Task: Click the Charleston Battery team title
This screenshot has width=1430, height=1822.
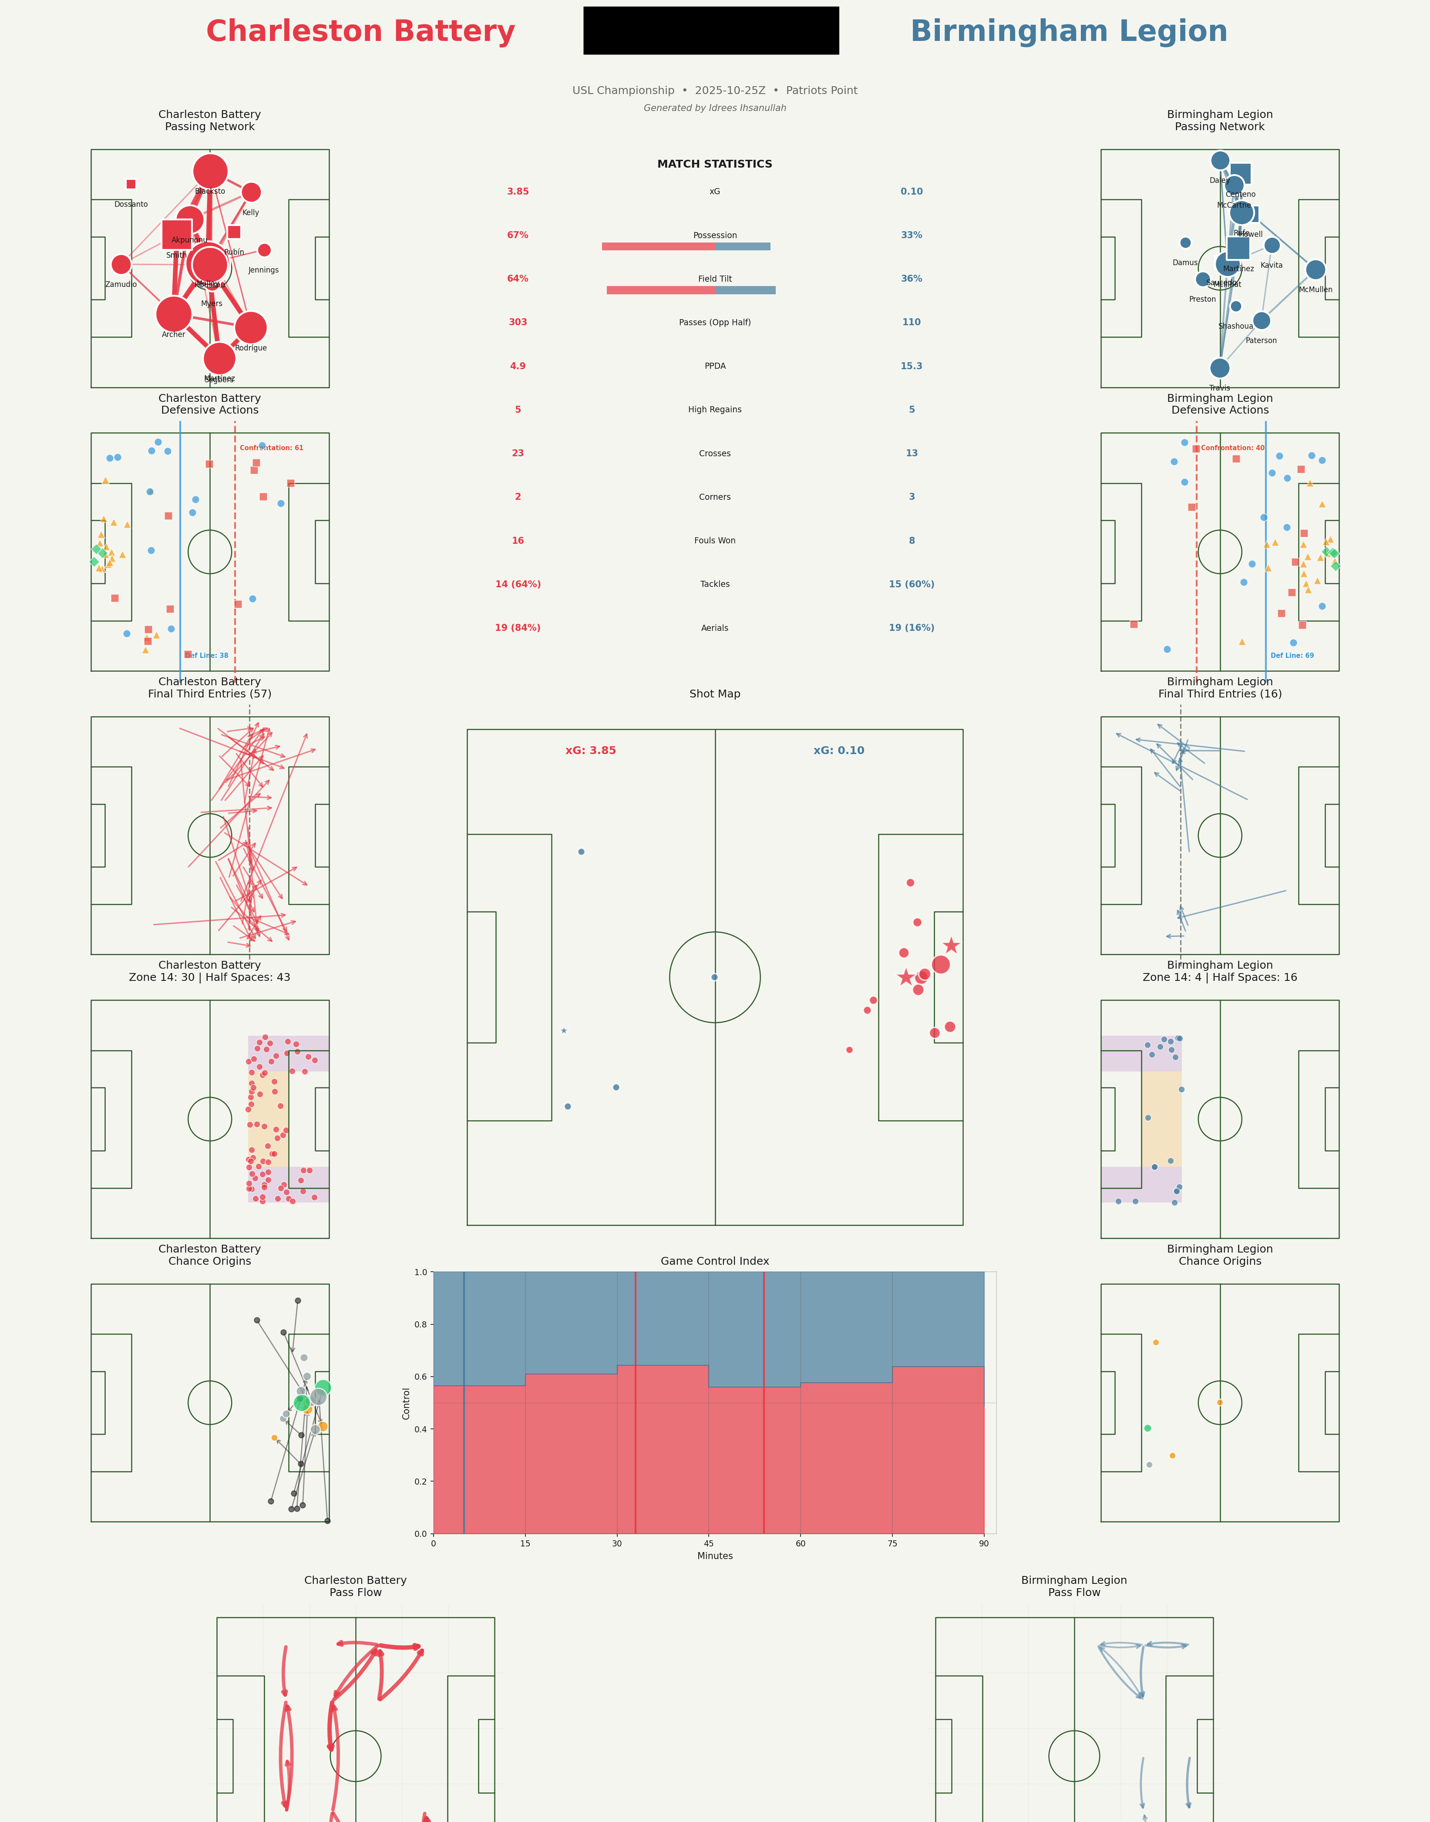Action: pos(360,32)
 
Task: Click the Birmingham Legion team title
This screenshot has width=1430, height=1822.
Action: pos(1068,32)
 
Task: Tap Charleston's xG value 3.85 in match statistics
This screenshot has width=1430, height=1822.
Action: pos(518,192)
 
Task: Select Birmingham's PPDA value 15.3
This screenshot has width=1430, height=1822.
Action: pos(911,366)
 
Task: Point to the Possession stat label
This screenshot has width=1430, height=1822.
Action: pos(715,235)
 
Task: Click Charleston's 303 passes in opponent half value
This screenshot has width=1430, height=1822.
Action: pos(518,322)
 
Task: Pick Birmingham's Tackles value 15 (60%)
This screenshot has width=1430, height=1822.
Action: pos(911,584)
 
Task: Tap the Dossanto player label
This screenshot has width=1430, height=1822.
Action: pos(131,204)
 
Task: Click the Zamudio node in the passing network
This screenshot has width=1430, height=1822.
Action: pos(121,265)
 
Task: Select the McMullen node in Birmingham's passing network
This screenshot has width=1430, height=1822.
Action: pos(1316,269)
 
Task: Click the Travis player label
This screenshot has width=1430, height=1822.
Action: pos(1219,387)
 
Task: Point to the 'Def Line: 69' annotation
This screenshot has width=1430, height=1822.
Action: pos(1292,656)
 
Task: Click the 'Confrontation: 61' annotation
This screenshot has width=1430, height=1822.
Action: pos(271,448)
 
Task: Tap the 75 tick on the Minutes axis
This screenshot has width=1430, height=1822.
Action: pos(892,1543)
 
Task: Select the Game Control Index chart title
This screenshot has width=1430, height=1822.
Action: pos(714,1261)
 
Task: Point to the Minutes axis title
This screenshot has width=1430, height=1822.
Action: pos(715,1556)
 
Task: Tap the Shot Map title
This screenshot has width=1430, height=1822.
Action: pos(714,694)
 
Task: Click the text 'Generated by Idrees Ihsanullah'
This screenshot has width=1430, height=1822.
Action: pos(714,108)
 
